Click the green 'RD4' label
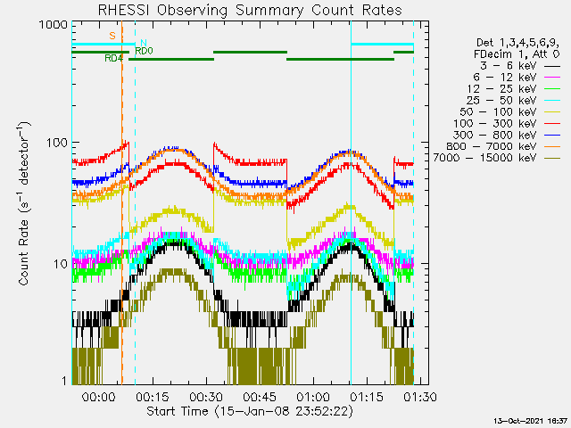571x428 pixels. point(113,59)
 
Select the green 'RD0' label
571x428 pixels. point(144,51)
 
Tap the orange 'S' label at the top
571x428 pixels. point(112,36)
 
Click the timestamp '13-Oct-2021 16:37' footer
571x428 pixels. point(532,420)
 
